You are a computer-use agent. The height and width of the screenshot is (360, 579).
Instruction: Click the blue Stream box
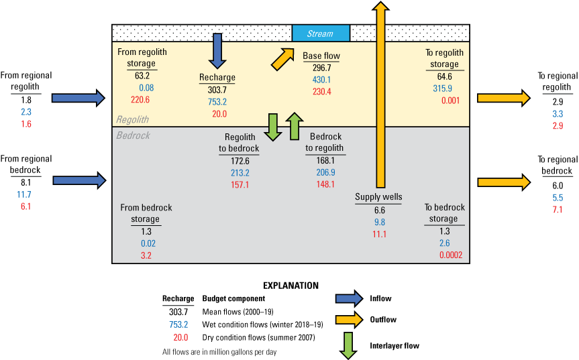click(321, 34)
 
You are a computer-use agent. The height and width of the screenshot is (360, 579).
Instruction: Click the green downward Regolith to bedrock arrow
click(273, 127)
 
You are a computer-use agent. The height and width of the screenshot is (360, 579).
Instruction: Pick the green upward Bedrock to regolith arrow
click(293, 127)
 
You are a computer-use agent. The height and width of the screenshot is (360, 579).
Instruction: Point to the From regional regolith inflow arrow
click(79, 99)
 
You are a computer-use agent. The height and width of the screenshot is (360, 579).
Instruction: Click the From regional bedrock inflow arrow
click(79, 180)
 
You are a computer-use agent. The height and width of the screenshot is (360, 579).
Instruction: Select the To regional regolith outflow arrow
click(504, 99)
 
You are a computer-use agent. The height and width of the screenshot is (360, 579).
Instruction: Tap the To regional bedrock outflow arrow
click(504, 181)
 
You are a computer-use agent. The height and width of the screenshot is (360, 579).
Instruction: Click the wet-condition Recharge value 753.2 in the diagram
click(217, 102)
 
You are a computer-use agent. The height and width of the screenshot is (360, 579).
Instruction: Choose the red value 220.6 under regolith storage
click(142, 99)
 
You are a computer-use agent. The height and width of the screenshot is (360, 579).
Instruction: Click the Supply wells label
click(378, 196)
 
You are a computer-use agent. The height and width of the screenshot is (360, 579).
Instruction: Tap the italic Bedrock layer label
click(134, 135)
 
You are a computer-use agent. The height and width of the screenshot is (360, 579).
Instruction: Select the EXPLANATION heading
click(291, 285)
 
